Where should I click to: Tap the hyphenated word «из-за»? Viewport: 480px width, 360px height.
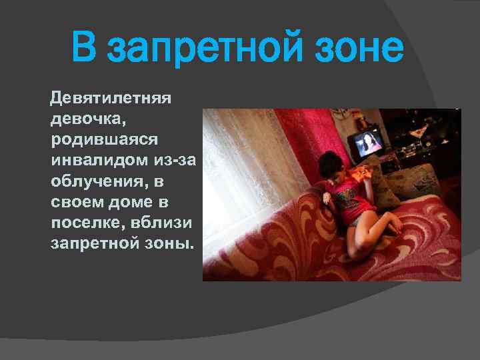coord(175,161)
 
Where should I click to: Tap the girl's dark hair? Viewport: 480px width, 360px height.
coord(331,163)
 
